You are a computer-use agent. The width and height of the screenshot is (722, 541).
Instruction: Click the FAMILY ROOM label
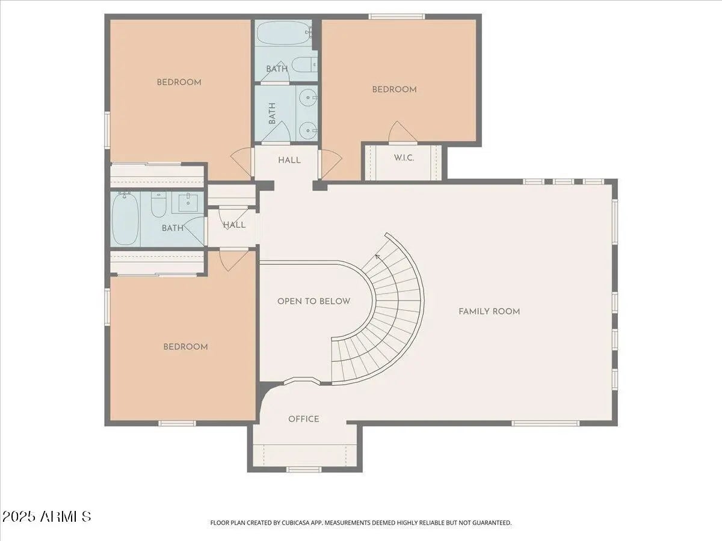pos(489,311)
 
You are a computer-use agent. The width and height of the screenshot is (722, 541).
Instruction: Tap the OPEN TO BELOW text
pos(314,301)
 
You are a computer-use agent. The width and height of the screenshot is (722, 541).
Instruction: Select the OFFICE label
pos(304,419)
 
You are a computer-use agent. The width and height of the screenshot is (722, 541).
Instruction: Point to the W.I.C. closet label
pos(404,158)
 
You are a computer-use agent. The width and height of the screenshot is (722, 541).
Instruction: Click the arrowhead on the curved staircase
pos(378,257)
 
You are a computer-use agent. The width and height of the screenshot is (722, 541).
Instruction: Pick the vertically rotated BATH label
pos(272,114)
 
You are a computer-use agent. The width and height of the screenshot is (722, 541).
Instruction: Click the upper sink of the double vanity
pos(308,97)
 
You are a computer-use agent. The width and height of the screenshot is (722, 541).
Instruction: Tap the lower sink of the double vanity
pos(308,130)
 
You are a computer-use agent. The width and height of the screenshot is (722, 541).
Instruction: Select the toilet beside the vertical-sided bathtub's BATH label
pos(159,204)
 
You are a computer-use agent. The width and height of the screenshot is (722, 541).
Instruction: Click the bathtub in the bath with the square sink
pos(125,218)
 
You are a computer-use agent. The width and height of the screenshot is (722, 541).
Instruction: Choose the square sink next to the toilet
pos(188,203)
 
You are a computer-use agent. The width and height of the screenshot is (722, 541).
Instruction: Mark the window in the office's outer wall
pos(304,469)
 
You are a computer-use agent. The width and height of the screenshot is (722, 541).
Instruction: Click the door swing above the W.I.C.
pos(402,133)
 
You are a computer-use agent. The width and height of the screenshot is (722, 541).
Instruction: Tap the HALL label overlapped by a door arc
pos(234,225)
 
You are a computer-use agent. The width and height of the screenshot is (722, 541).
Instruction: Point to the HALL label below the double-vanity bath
pos(289,160)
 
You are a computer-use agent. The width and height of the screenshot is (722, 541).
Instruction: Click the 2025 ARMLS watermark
pos(46,517)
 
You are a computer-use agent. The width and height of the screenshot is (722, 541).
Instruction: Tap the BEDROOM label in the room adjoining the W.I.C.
pos(394,90)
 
